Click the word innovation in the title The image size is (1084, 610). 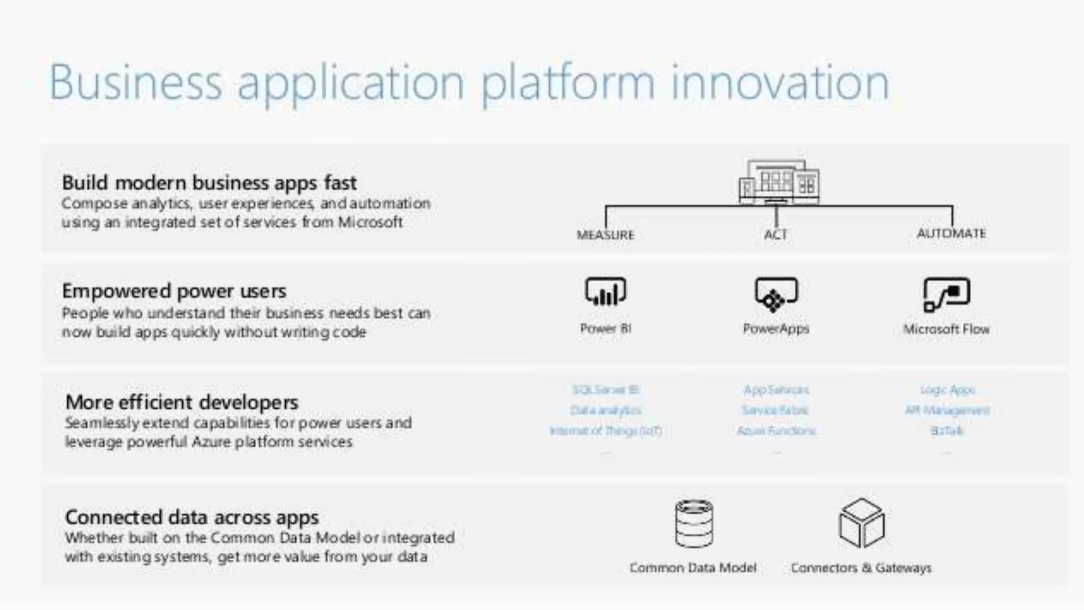[x=780, y=83]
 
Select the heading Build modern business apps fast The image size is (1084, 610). [x=209, y=183]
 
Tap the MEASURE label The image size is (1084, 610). [x=605, y=235]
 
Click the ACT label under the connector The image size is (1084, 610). [x=775, y=234]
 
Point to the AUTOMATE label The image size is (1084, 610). [x=951, y=233]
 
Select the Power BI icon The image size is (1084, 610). [x=606, y=292]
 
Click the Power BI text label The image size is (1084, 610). [x=606, y=328]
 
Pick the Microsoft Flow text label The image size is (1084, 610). [x=946, y=329]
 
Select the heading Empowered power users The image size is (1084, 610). [x=174, y=291]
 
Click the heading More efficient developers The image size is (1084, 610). [x=182, y=402]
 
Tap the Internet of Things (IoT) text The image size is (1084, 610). [x=606, y=430]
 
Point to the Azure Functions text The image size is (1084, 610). [x=776, y=430]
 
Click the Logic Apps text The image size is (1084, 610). [x=947, y=390]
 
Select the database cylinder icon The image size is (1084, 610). [x=694, y=523]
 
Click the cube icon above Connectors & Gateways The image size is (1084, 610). [x=861, y=523]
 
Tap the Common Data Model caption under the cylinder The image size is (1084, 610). [x=693, y=568]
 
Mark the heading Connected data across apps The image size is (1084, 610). [x=192, y=517]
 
